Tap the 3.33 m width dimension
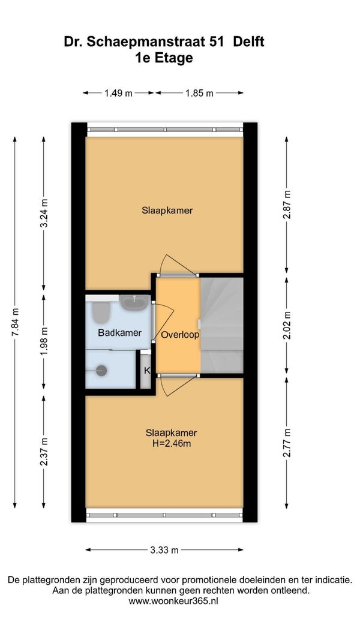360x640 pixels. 164,550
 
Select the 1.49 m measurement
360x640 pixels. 118,93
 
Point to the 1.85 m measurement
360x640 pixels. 199,93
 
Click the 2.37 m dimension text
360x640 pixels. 44,452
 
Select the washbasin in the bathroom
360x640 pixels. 134,302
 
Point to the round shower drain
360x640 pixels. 101,371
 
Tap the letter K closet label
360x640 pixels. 147,371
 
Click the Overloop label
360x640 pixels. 180,335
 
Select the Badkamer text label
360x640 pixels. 119,333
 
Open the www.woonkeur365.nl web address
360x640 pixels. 173,601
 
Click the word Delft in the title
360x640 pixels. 248,41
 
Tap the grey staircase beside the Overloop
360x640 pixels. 221,325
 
